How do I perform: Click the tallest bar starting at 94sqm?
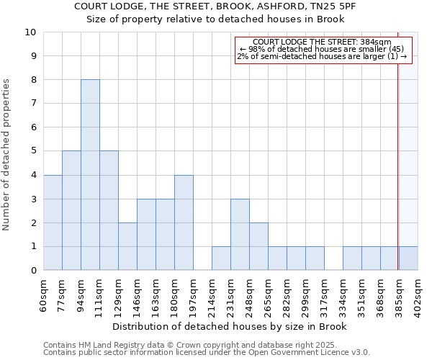[x=90, y=175]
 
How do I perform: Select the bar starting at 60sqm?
[x=53, y=222]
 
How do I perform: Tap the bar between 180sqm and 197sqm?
[x=184, y=222]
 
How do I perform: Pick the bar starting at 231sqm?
[x=240, y=235]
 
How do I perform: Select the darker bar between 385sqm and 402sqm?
[x=408, y=258]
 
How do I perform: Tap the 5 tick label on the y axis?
[x=32, y=151]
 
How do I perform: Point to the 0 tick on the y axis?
[x=32, y=271]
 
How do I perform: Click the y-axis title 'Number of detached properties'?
[x=7, y=155]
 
